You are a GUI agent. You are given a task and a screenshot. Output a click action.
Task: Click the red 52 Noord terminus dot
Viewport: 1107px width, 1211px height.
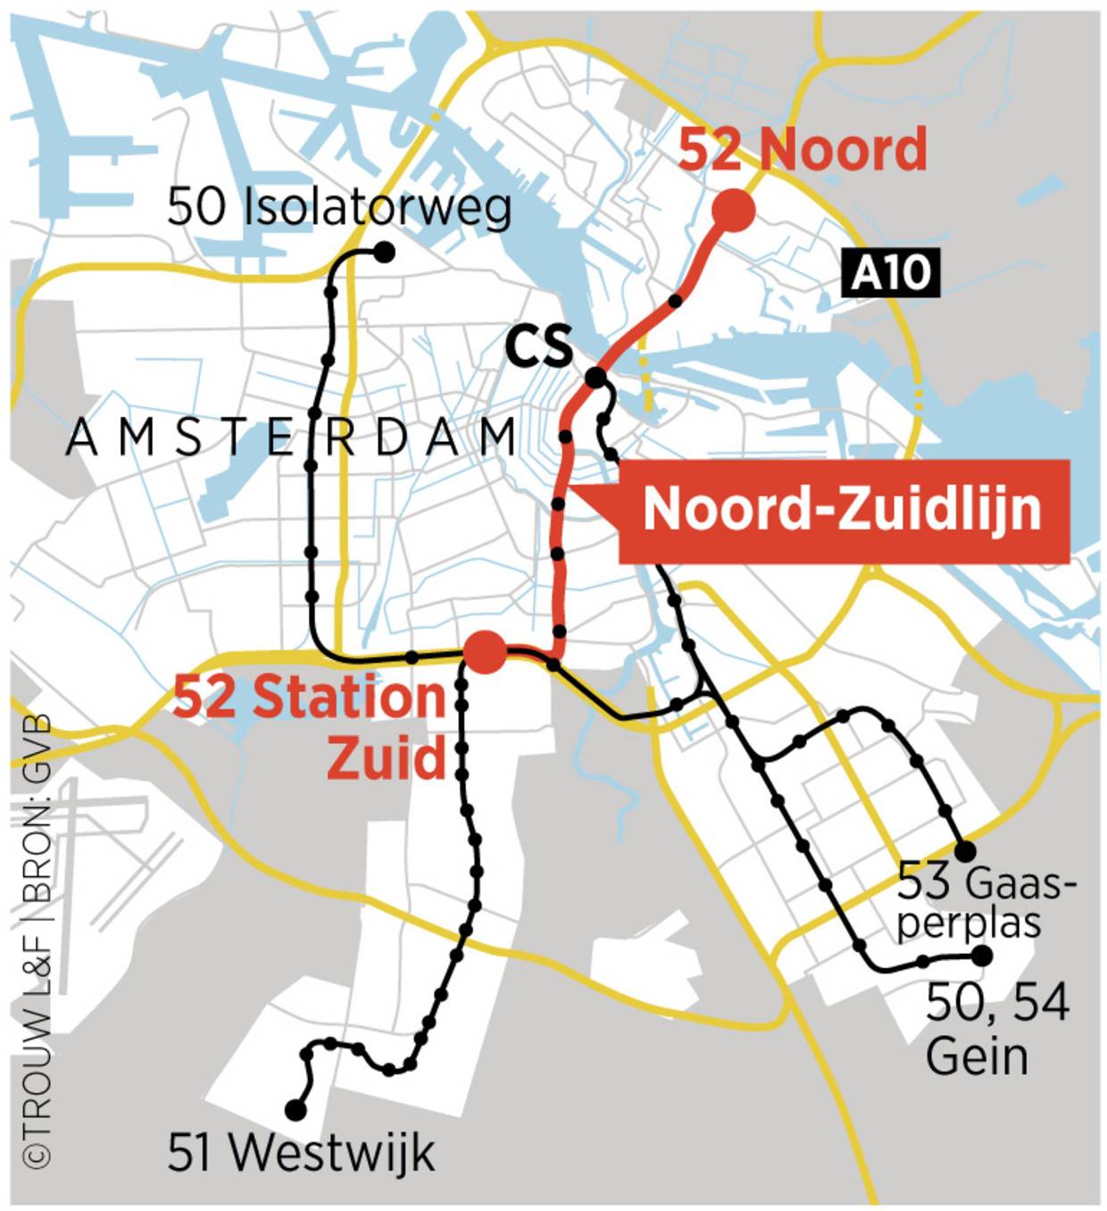point(733,211)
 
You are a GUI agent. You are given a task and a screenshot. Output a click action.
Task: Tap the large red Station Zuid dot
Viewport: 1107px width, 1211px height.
point(487,651)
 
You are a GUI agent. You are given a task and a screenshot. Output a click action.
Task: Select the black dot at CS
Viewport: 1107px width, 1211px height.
point(595,378)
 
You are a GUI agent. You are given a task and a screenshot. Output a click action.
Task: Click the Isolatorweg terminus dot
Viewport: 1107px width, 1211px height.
point(384,253)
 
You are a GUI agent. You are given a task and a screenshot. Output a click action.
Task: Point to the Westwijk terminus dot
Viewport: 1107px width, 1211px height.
point(295,1110)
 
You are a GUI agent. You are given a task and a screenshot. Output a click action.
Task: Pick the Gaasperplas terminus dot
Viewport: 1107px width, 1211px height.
point(965,850)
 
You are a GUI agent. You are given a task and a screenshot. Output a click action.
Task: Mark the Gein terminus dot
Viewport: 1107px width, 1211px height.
point(982,956)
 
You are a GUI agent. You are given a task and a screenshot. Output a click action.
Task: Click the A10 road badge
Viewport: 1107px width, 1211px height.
point(890,272)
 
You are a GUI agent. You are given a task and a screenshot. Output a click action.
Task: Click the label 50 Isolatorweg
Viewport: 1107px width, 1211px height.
point(339,206)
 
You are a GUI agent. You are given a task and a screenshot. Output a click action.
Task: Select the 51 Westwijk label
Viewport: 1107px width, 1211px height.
point(301,1152)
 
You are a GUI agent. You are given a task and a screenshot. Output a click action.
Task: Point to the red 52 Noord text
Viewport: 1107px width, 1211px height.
point(802,149)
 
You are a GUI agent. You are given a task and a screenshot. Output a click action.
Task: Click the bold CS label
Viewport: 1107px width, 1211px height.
point(538,347)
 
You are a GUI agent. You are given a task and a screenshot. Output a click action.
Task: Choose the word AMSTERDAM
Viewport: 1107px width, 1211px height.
point(291,438)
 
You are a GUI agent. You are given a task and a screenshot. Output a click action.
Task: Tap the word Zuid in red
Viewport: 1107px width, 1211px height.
point(386,758)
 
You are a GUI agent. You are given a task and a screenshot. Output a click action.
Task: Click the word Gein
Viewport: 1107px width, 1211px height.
point(977,1056)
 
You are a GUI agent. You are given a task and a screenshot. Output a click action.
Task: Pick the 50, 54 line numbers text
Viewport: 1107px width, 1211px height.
point(997,1002)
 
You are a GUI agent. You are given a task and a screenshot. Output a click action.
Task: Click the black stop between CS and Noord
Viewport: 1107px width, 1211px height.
point(675,301)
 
